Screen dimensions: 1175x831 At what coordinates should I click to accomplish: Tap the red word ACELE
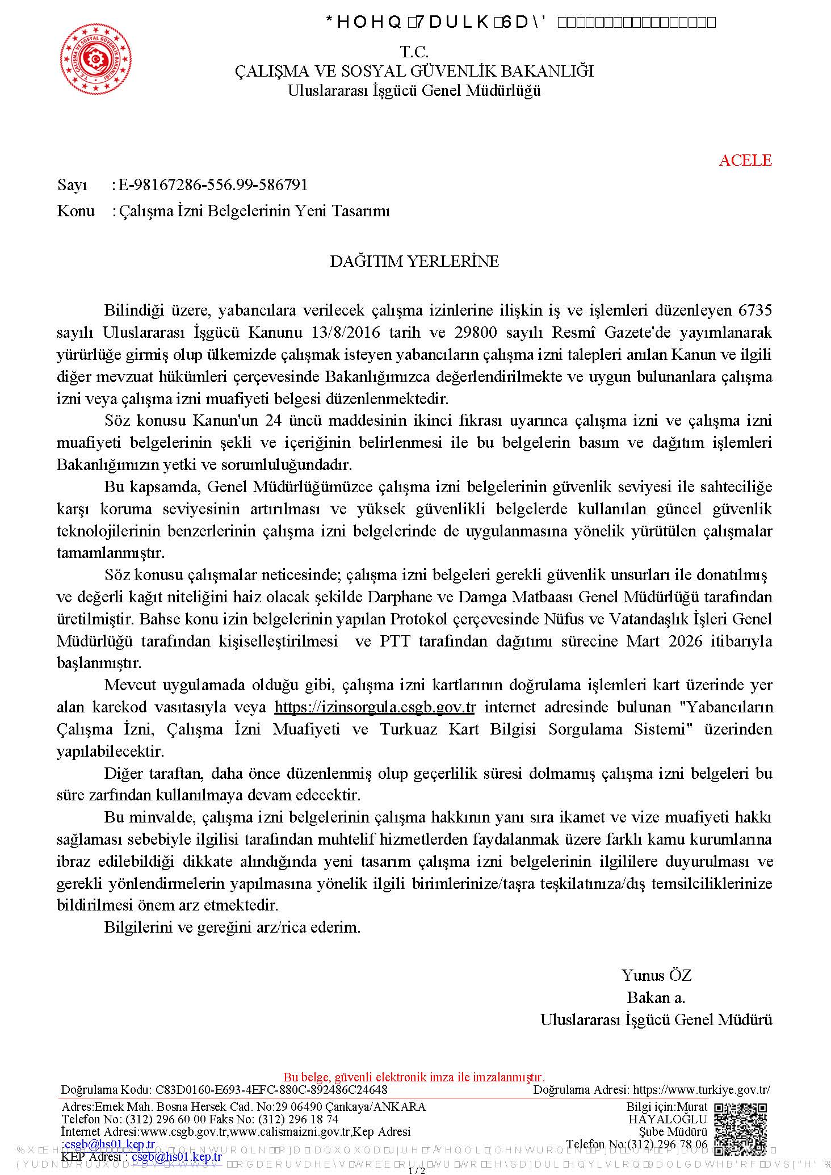coord(745,160)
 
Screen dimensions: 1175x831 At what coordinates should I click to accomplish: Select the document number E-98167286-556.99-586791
coord(213,184)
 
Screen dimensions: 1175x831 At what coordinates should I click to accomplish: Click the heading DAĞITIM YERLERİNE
coord(414,261)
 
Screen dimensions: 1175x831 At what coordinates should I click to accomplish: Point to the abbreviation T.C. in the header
coord(414,52)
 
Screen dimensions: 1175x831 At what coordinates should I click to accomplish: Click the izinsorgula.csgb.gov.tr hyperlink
coord(375,707)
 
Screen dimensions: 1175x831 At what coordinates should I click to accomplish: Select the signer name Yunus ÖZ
coord(656,975)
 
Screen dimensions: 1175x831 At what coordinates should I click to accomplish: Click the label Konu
coord(75,211)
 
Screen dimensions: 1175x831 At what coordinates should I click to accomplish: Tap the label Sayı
coord(72,185)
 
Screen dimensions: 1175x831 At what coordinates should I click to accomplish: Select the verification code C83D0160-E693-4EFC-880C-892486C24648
coord(271,1089)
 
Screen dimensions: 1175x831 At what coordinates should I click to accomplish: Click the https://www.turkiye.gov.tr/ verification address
coord(701,1089)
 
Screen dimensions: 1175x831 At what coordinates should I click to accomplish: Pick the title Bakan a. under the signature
coord(656,997)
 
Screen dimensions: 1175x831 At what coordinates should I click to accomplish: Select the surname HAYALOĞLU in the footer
coord(668,1119)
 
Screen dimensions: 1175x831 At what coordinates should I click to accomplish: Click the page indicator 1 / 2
coord(417,1170)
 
